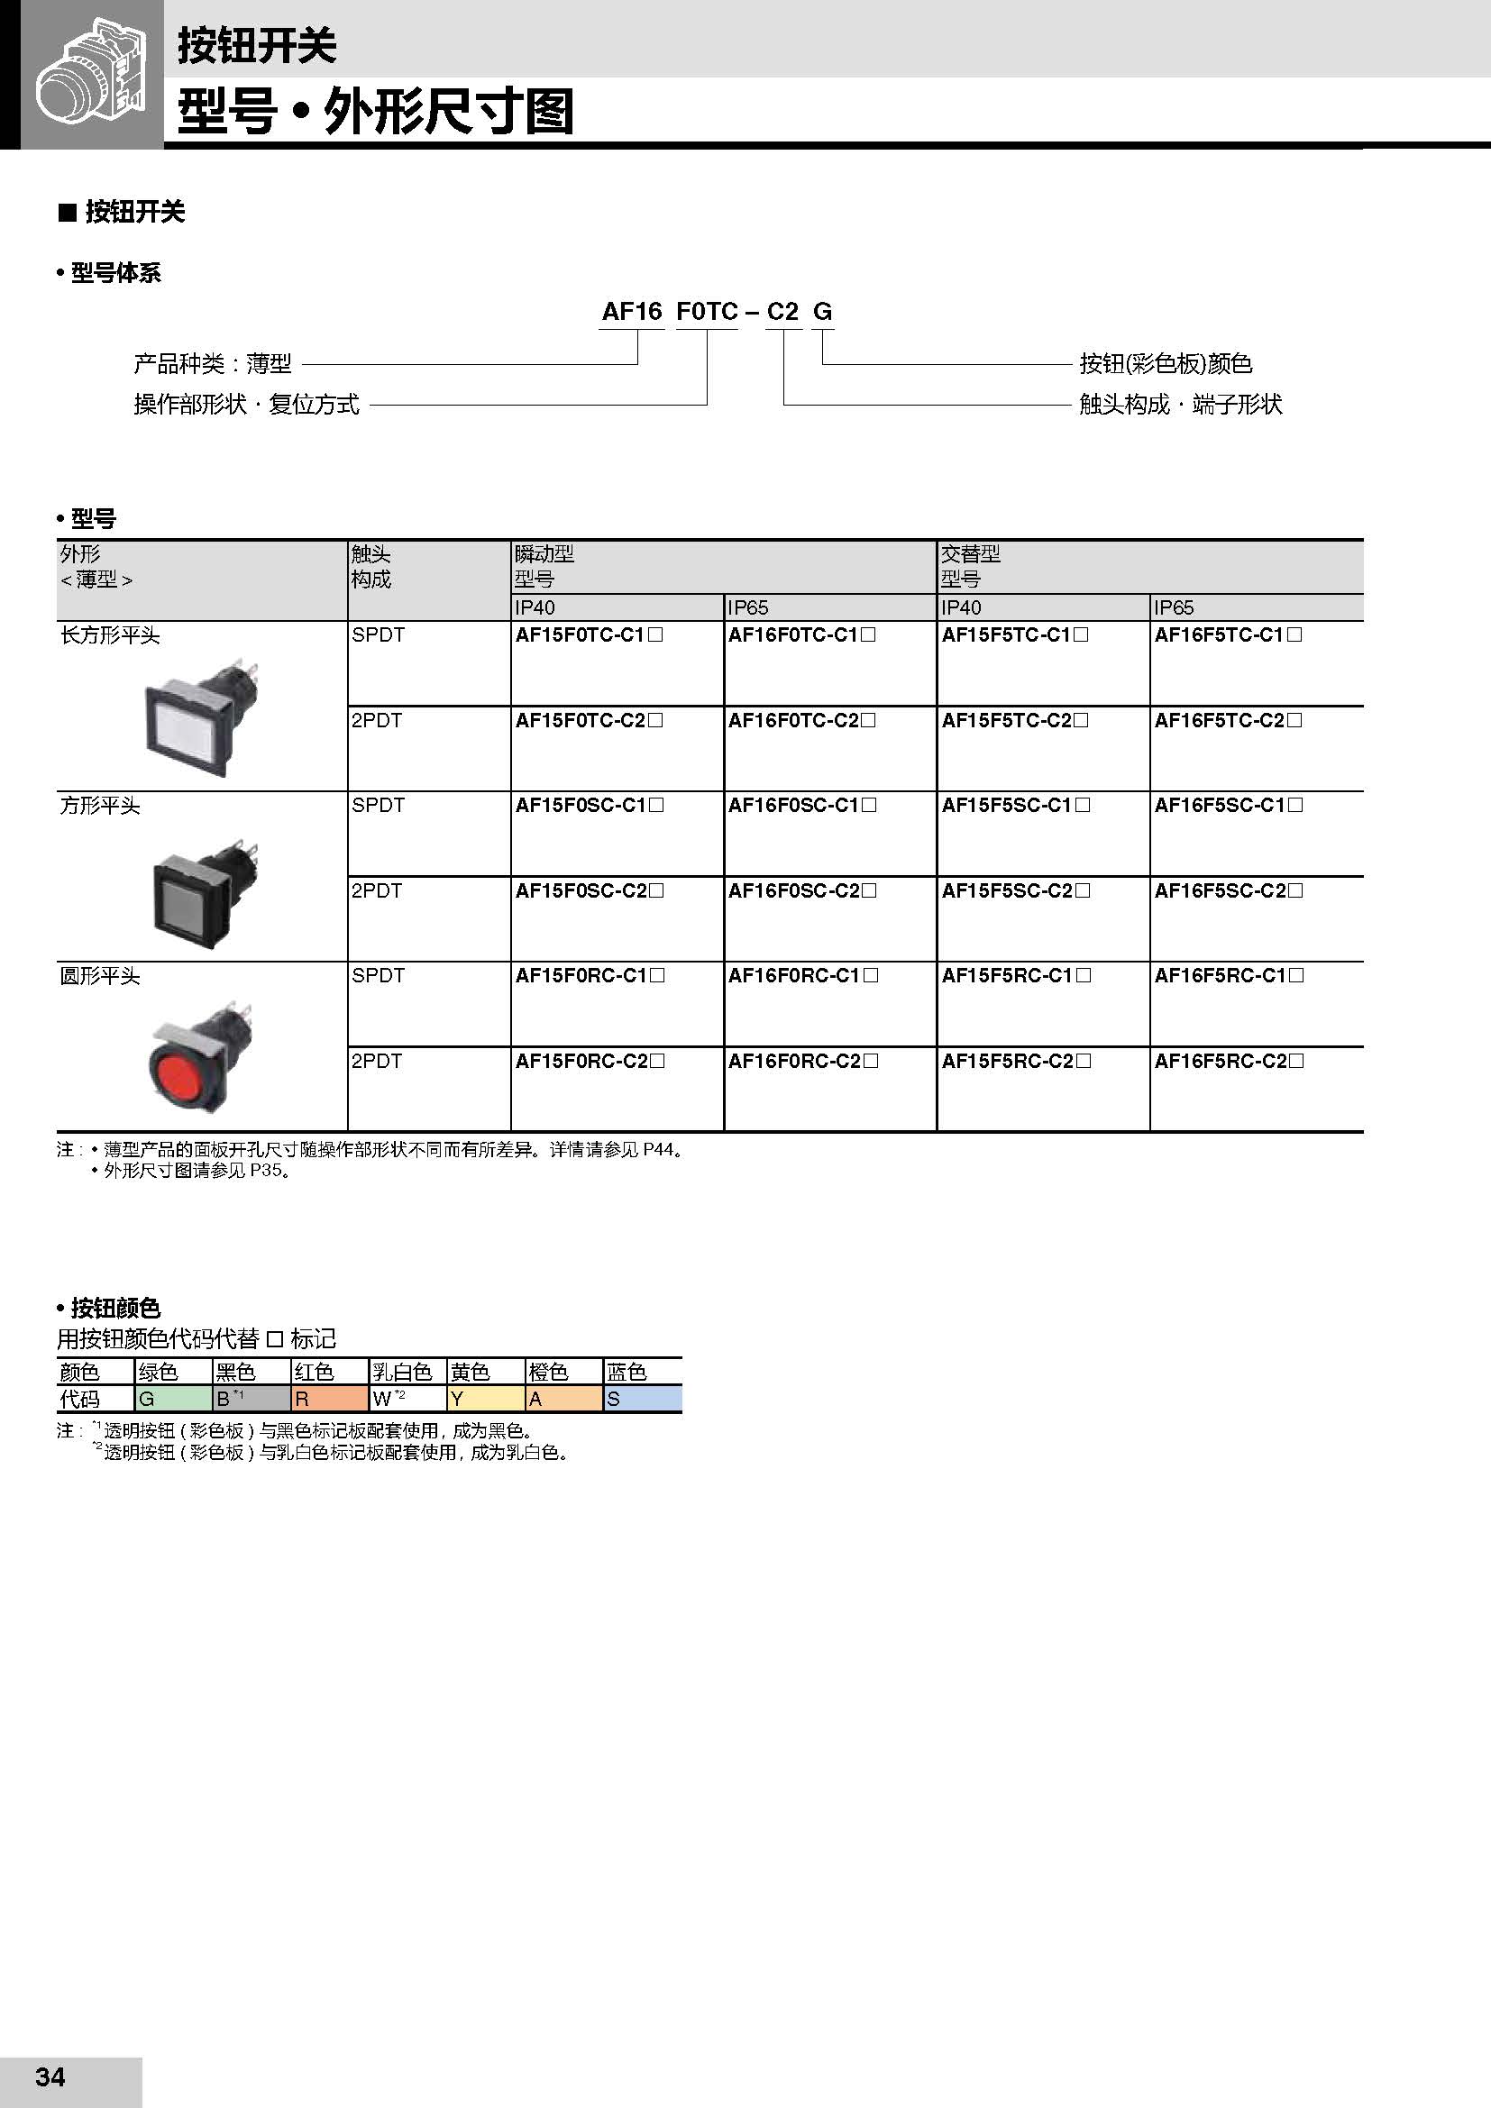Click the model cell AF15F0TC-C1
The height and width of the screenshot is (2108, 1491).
[589, 635]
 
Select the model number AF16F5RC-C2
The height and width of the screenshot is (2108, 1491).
[1229, 1062]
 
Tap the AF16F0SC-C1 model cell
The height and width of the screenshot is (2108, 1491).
[801, 806]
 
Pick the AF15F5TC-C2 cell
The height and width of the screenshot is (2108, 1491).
[1014, 721]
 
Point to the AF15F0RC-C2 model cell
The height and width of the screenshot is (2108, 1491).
[590, 1062]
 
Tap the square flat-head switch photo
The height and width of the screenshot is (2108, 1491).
[205, 891]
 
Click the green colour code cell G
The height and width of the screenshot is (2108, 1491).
[172, 1400]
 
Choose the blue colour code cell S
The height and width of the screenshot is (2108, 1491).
[642, 1400]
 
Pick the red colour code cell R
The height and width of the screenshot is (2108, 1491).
[329, 1400]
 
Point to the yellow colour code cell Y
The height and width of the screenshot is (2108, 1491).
[485, 1400]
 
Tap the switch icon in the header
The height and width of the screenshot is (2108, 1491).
[91, 76]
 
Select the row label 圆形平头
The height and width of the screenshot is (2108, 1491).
[100, 976]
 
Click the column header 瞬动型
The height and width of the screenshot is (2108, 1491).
[544, 553]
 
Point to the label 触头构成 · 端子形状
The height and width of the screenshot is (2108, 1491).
[1180, 405]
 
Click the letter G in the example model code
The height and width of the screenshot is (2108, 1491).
[823, 312]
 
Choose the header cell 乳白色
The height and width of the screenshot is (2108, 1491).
[402, 1372]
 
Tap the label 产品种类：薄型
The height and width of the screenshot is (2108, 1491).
[213, 364]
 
